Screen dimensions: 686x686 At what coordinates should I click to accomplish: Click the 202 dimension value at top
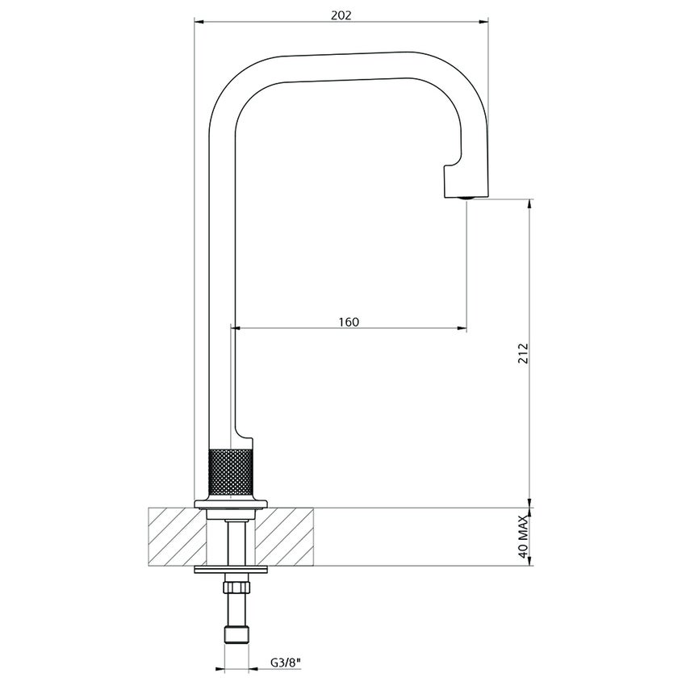pos(342,15)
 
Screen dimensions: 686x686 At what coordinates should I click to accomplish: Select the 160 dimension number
pos(348,321)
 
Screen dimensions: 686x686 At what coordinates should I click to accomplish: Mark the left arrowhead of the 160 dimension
pos(236,328)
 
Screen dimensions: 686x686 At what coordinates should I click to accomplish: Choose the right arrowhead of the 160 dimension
pos(462,328)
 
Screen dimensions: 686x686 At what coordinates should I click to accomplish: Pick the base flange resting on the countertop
pos(231,505)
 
